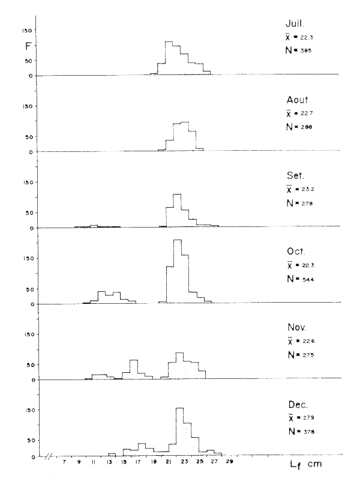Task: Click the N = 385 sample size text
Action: (x=298, y=50)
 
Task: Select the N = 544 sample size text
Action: (x=299, y=280)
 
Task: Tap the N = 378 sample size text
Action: (x=299, y=431)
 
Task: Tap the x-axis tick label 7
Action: (x=64, y=463)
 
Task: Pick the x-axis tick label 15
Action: (x=124, y=463)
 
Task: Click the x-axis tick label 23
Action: (x=185, y=463)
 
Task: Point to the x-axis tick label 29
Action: (x=230, y=463)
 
